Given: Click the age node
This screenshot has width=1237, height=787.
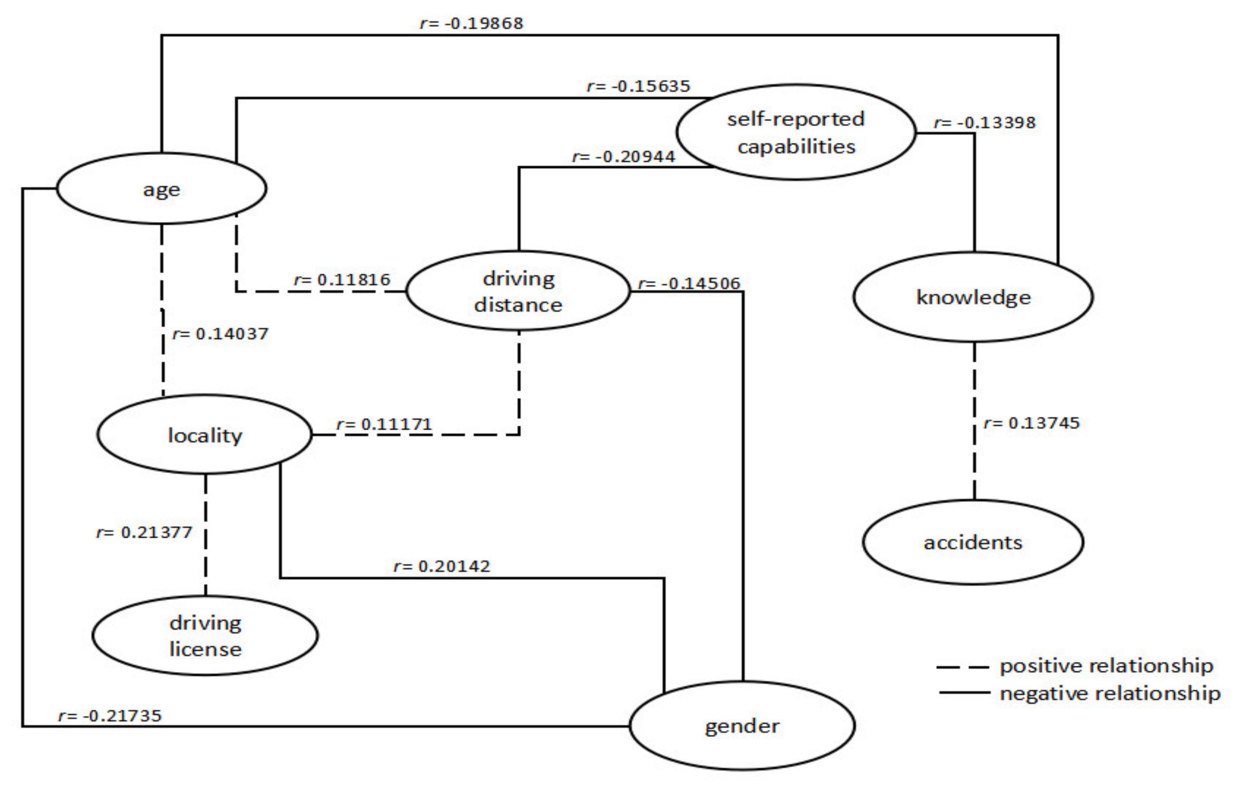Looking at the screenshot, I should [x=161, y=188].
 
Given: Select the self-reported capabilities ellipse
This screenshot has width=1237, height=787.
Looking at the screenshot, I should [x=796, y=133].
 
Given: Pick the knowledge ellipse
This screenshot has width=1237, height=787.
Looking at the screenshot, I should [x=973, y=297].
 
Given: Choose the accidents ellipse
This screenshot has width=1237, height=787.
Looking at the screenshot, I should [x=973, y=543].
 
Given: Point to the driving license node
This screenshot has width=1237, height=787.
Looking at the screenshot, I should [x=205, y=635].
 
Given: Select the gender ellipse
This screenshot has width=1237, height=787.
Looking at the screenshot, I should [x=742, y=726].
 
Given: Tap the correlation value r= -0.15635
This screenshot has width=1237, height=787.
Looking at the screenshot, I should [x=639, y=86].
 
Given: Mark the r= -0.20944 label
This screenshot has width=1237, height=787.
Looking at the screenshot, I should [x=624, y=157].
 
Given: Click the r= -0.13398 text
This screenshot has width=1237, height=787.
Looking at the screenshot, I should [x=984, y=123].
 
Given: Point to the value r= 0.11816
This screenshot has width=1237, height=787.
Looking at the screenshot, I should [x=342, y=280].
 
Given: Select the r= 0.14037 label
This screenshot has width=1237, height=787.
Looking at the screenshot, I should [x=220, y=334].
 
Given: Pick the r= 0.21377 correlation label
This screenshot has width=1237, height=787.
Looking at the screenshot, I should [x=144, y=532].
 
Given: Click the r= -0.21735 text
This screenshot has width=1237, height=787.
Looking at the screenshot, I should [x=110, y=715].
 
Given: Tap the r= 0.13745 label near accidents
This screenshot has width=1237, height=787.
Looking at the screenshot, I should [x=1031, y=423].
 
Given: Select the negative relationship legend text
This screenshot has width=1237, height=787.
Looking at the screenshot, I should [x=1110, y=693].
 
